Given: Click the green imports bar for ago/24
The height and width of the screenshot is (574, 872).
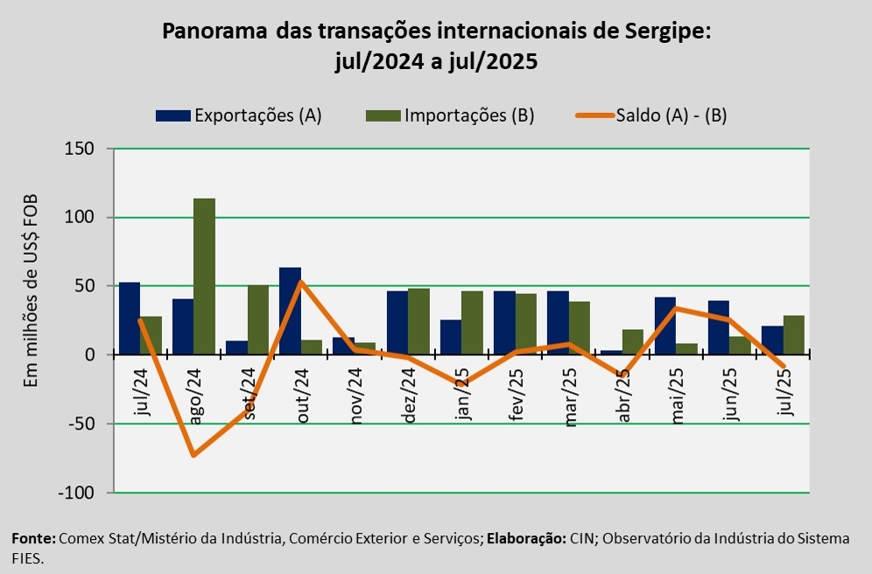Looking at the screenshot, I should pos(204,276).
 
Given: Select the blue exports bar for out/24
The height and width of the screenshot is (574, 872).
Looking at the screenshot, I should pos(290,311).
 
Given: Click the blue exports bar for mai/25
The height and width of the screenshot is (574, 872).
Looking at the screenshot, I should pos(665,325).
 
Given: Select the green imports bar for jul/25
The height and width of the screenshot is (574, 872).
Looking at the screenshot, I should pos(793,335).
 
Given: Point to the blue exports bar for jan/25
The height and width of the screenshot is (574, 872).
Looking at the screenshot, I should pos(450,337).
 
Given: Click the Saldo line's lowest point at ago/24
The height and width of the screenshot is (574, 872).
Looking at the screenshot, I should pos(193,455).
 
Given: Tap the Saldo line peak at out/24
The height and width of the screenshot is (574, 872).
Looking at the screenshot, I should pos(301,282).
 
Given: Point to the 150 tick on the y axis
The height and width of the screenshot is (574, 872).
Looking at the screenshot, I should pos(81,149).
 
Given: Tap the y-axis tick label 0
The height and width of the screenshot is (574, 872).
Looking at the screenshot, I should pos(88,355).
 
